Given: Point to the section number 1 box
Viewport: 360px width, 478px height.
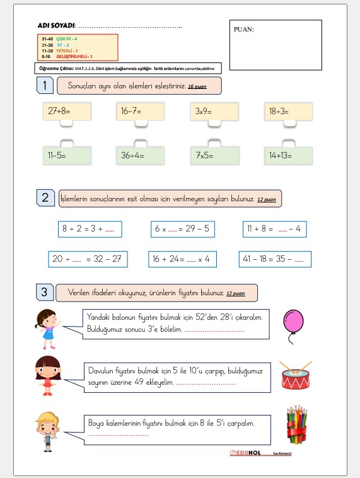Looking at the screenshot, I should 44,85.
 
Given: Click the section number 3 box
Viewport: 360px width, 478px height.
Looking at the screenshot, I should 44,292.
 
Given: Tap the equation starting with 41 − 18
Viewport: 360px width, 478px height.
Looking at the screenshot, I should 275,259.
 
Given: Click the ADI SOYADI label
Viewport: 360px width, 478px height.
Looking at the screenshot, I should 56,26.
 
